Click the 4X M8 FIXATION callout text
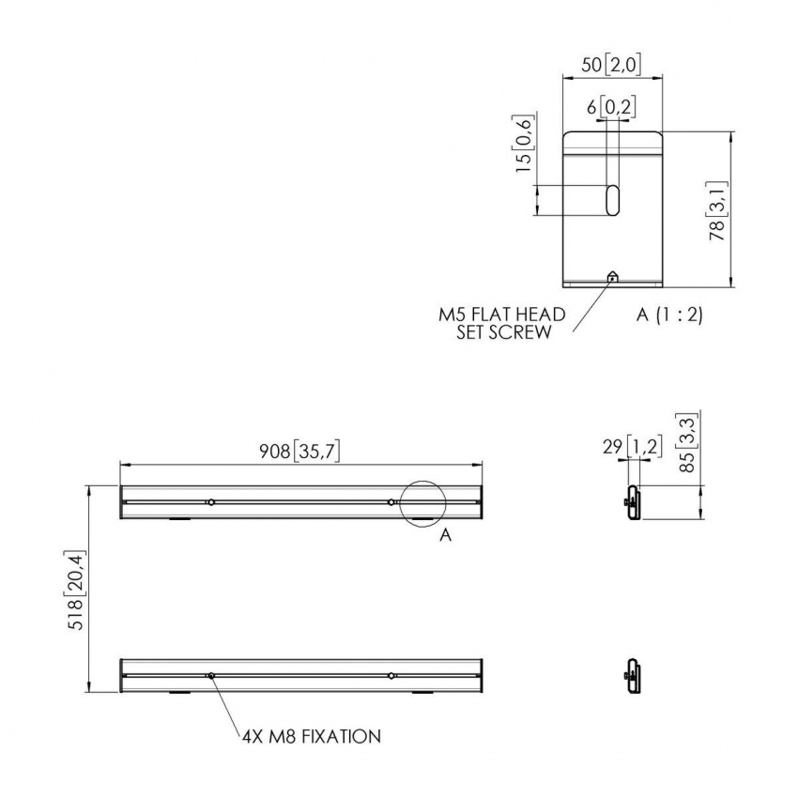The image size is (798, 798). click(311, 737)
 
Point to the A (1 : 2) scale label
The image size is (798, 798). click(668, 315)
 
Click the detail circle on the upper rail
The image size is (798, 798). click(422, 501)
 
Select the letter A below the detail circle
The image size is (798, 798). click(446, 535)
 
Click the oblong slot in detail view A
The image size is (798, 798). click(612, 199)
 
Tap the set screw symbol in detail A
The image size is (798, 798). click(612, 277)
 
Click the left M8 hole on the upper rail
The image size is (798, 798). click(212, 502)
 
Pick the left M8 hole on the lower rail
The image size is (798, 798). click(212, 676)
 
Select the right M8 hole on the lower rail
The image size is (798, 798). click(391, 676)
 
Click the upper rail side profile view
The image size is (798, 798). click(633, 501)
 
